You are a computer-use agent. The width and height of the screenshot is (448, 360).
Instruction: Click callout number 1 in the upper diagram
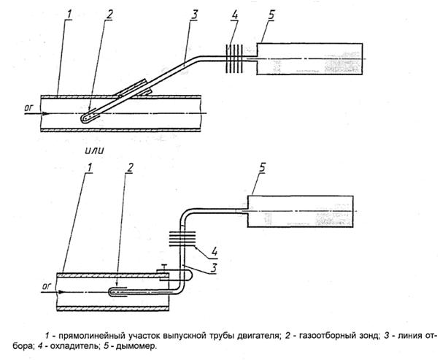(69, 15)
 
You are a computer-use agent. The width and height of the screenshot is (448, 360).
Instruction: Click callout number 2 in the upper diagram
(109, 15)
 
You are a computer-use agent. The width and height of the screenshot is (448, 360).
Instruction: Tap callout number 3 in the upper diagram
(194, 15)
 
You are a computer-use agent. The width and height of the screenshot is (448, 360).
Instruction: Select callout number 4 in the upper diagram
(234, 15)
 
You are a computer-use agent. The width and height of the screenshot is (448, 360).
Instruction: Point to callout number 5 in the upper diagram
(271, 15)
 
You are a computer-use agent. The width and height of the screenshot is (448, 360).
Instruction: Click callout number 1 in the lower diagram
(90, 167)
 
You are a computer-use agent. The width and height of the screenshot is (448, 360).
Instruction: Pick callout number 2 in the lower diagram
(130, 167)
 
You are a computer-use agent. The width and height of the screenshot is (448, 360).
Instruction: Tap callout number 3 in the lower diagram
(214, 268)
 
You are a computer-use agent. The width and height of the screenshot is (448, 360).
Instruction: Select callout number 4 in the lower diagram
(214, 251)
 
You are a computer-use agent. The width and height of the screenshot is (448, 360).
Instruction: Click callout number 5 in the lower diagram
(262, 167)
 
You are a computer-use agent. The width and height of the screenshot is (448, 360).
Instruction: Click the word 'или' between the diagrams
(94, 150)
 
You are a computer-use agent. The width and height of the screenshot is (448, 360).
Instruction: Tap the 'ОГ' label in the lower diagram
(46, 286)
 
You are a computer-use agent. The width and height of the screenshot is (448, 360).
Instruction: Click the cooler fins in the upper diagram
(234, 58)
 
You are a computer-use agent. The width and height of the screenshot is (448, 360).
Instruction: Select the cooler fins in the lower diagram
(182, 239)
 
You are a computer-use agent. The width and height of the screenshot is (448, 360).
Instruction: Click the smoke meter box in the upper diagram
(309, 59)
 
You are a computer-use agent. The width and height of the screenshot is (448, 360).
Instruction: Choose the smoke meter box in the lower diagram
(301, 211)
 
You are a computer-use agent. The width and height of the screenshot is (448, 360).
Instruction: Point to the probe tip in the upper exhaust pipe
(84, 119)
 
